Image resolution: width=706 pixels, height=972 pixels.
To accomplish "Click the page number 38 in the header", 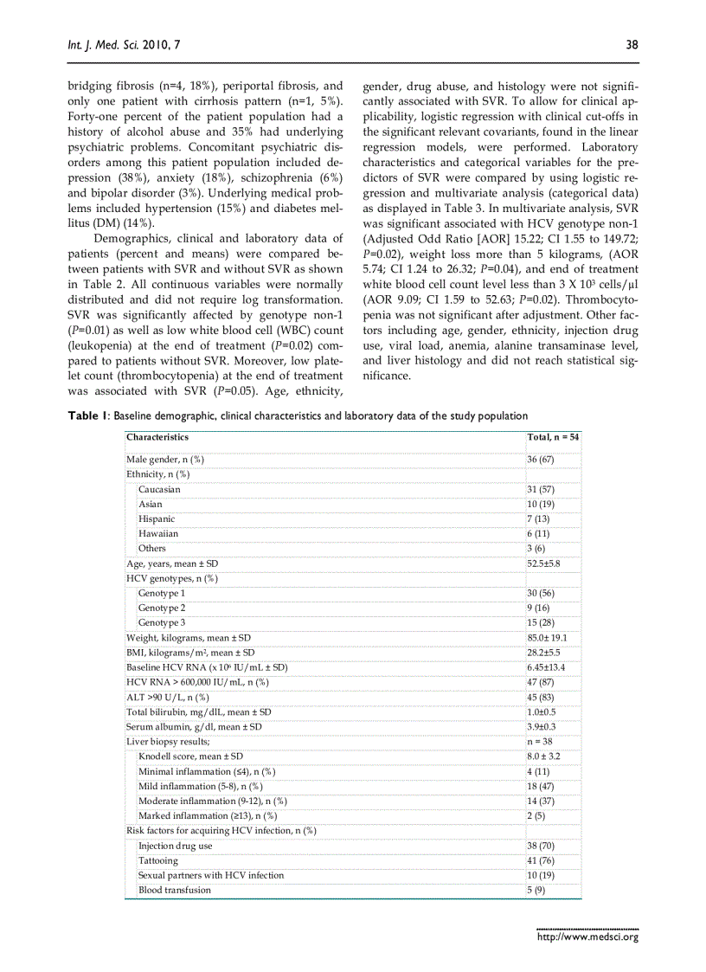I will click(x=632, y=45).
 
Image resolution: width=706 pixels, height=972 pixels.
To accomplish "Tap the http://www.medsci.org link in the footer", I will click(x=587, y=937).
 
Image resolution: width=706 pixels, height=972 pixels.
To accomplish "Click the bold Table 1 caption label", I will click(x=88, y=416).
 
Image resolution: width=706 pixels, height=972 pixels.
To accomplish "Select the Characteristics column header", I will click(x=157, y=437).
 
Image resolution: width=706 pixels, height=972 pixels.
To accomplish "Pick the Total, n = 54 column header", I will click(x=554, y=437).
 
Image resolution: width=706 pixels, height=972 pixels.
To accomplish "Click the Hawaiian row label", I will click(x=158, y=533).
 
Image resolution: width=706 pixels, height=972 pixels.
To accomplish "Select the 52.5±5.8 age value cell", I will click(x=544, y=563).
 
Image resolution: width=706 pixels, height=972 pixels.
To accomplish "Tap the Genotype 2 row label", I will click(x=162, y=608).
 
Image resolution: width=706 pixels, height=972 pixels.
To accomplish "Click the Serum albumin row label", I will click(x=194, y=726).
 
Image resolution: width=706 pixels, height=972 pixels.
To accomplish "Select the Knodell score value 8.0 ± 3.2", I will click(x=544, y=756).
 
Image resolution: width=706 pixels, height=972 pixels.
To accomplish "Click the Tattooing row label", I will click(x=158, y=860).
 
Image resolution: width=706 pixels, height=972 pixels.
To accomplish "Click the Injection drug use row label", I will click(x=175, y=846).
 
